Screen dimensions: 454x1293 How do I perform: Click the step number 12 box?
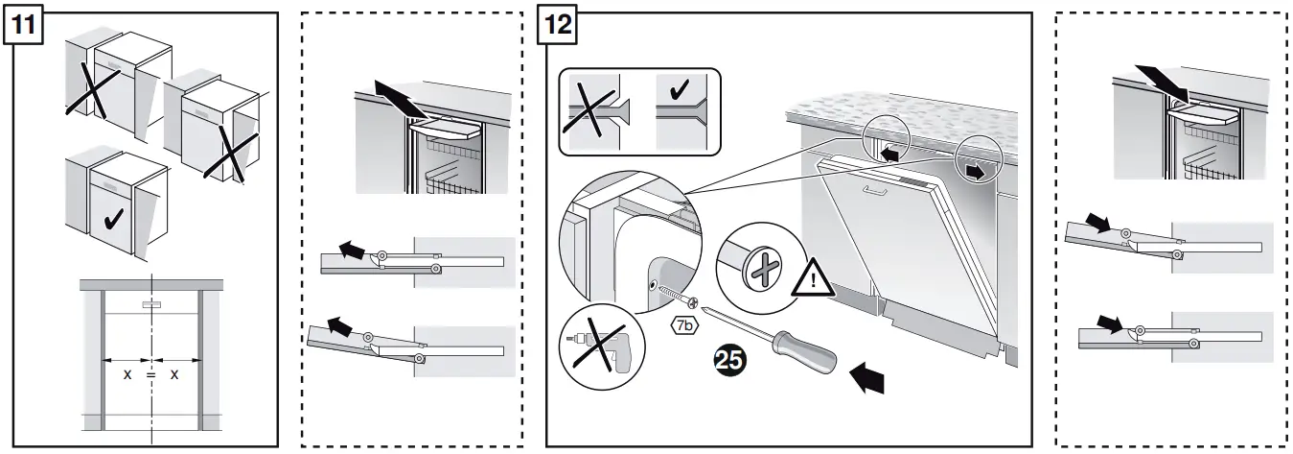pyautogui.click(x=561, y=26)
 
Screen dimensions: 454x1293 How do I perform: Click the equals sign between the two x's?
pyautogui.click(x=150, y=374)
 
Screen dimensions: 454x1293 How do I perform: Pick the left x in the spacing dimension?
pyautogui.click(x=127, y=374)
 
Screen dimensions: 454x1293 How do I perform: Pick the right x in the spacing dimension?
pyautogui.click(x=173, y=374)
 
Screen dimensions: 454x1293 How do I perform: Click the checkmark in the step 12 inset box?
pyautogui.click(x=681, y=93)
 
